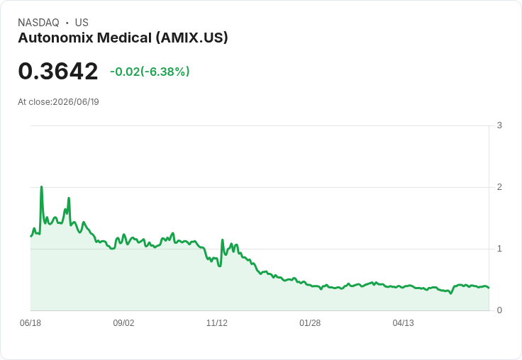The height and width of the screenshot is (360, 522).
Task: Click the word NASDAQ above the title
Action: pos(38,23)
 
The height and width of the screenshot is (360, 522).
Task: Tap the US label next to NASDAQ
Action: pos(82,23)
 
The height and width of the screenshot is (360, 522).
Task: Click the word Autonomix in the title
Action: pos(55,38)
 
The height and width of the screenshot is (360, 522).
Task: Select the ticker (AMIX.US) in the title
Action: pos(192,38)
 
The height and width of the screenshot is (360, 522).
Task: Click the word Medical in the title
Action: pos(125,38)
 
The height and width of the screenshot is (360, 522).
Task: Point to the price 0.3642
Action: pos(58,71)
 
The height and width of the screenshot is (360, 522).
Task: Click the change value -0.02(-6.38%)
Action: pos(150,72)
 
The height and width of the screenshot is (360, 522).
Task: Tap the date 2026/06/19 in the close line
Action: pos(76,102)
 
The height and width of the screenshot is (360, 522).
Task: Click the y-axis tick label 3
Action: pos(499,125)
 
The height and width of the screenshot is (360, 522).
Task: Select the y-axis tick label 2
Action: pos(499,187)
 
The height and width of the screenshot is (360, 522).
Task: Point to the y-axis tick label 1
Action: pos(499,249)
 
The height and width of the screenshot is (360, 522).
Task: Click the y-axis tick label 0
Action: pos(499,310)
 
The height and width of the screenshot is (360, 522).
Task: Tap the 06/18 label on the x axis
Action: pos(30,323)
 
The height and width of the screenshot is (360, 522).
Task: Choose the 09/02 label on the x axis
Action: pos(123,323)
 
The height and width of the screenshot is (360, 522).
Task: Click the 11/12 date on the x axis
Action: pos(217,323)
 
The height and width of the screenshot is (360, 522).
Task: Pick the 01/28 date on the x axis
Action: pos(310,323)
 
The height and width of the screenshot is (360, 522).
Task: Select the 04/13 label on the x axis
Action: pos(403,323)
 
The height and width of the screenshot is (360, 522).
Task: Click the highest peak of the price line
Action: pos(41,186)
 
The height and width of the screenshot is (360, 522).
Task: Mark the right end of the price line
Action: pos(489,288)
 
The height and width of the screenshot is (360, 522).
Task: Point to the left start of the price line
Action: pos(31,236)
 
